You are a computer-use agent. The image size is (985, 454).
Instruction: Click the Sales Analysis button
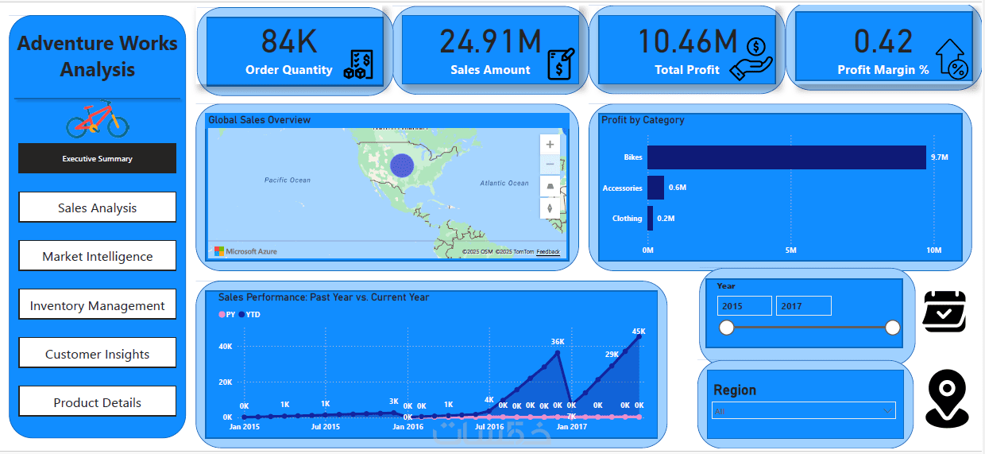pyautogui.click(x=97, y=208)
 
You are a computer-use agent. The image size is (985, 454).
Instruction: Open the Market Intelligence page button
pyautogui.click(x=97, y=256)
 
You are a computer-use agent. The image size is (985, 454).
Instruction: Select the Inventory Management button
pyautogui.click(x=97, y=305)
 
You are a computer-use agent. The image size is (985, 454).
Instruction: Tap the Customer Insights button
pyautogui.click(x=97, y=354)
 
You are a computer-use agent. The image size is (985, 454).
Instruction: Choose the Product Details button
pyautogui.click(x=97, y=402)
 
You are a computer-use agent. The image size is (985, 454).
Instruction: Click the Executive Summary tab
pyautogui.click(x=97, y=158)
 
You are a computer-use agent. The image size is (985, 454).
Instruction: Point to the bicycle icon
pyautogui.click(x=97, y=119)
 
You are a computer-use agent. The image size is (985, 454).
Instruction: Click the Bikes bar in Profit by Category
pyautogui.click(x=786, y=157)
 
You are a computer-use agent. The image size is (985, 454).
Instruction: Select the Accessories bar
pyautogui.click(x=655, y=188)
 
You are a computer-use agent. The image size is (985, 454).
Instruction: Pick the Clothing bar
pyautogui.click(x=651, y=218)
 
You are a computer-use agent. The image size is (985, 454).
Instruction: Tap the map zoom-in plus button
pyautogui.click(x=550, y=145)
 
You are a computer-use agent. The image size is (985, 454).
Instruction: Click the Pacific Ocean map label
pyautogui.click(x=288, y=180)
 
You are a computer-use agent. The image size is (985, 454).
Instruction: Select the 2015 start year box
pyautogui.click(x=744, y=306)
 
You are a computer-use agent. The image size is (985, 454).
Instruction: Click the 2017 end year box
pyautogui.click(x=803, y=306)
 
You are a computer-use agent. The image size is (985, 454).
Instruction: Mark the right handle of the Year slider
pyautogui.click(x=892, y=328)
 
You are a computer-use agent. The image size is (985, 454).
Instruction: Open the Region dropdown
pyautogui.click(x=804, y=411)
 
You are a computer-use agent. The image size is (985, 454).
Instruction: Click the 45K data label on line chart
pyautogui.click(x=639, y=331)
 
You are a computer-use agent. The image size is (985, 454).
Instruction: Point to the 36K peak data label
pyautogui.click(x=558, y=342)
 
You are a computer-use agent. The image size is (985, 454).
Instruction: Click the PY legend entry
pyautogui.click(x=227, y=315)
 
